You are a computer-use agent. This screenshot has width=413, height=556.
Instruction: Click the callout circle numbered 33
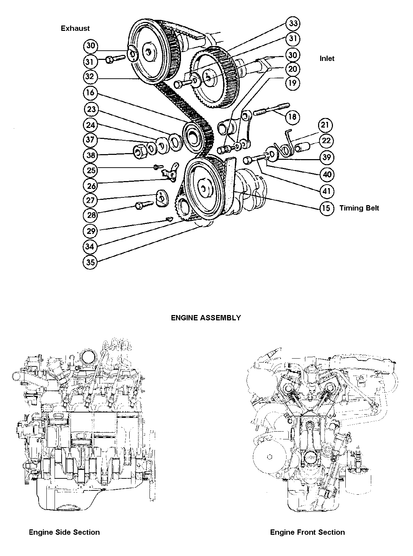(x=293, y=24)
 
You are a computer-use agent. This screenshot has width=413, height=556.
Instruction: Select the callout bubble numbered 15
(x=326, y=208)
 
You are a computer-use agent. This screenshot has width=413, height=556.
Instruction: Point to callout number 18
(x=293, y=117)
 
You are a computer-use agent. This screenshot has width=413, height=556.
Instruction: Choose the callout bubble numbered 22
(x=327, y=141)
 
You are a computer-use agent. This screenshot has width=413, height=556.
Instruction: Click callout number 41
(x=327, y=192)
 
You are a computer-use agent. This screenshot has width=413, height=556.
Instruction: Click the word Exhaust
(x=75, y=28)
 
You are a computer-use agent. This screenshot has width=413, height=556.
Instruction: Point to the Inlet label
(x=327, y=58)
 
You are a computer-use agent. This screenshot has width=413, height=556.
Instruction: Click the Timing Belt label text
(x=359, y=208)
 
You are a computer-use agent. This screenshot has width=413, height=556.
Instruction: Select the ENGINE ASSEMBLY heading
(x=206, y=318)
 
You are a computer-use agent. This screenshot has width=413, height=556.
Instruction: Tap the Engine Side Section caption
(x=64, y=532)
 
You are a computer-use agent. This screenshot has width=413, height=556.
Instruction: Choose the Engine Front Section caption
(x=307, y=532)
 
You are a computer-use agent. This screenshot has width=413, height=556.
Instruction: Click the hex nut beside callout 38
(x=140, y=151)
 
